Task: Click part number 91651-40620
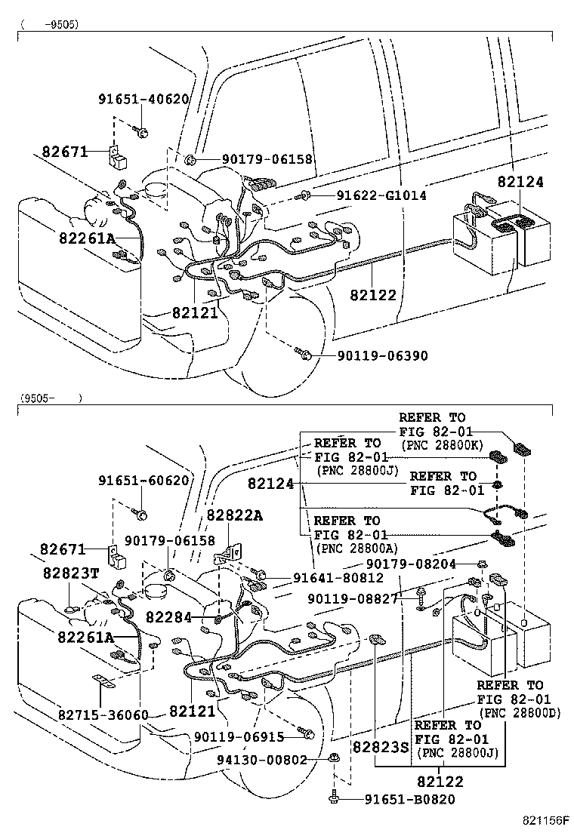143,100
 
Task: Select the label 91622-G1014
372,195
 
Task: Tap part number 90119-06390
372,355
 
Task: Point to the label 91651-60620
143,481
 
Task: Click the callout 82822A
235,515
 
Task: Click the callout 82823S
380,748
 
